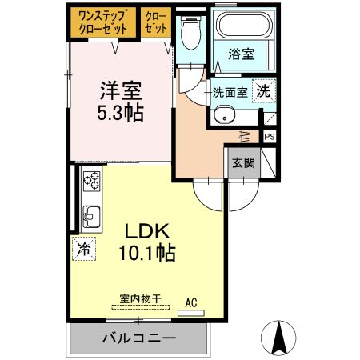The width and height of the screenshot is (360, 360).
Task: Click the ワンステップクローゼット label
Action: [x=104, y=22]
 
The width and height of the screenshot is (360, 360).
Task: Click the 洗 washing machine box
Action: [x=262, y=90]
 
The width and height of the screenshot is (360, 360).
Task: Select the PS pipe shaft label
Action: [x=269, y=137]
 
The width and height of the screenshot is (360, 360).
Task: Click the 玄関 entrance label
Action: [x=243, y=163]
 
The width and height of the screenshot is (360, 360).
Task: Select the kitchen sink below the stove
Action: [x=90, y=217]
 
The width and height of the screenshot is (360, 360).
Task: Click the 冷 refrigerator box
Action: [x=83, y=249]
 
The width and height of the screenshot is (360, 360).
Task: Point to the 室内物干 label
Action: [x=140, y=298]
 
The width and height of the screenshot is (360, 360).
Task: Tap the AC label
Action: [x=191, y=302]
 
